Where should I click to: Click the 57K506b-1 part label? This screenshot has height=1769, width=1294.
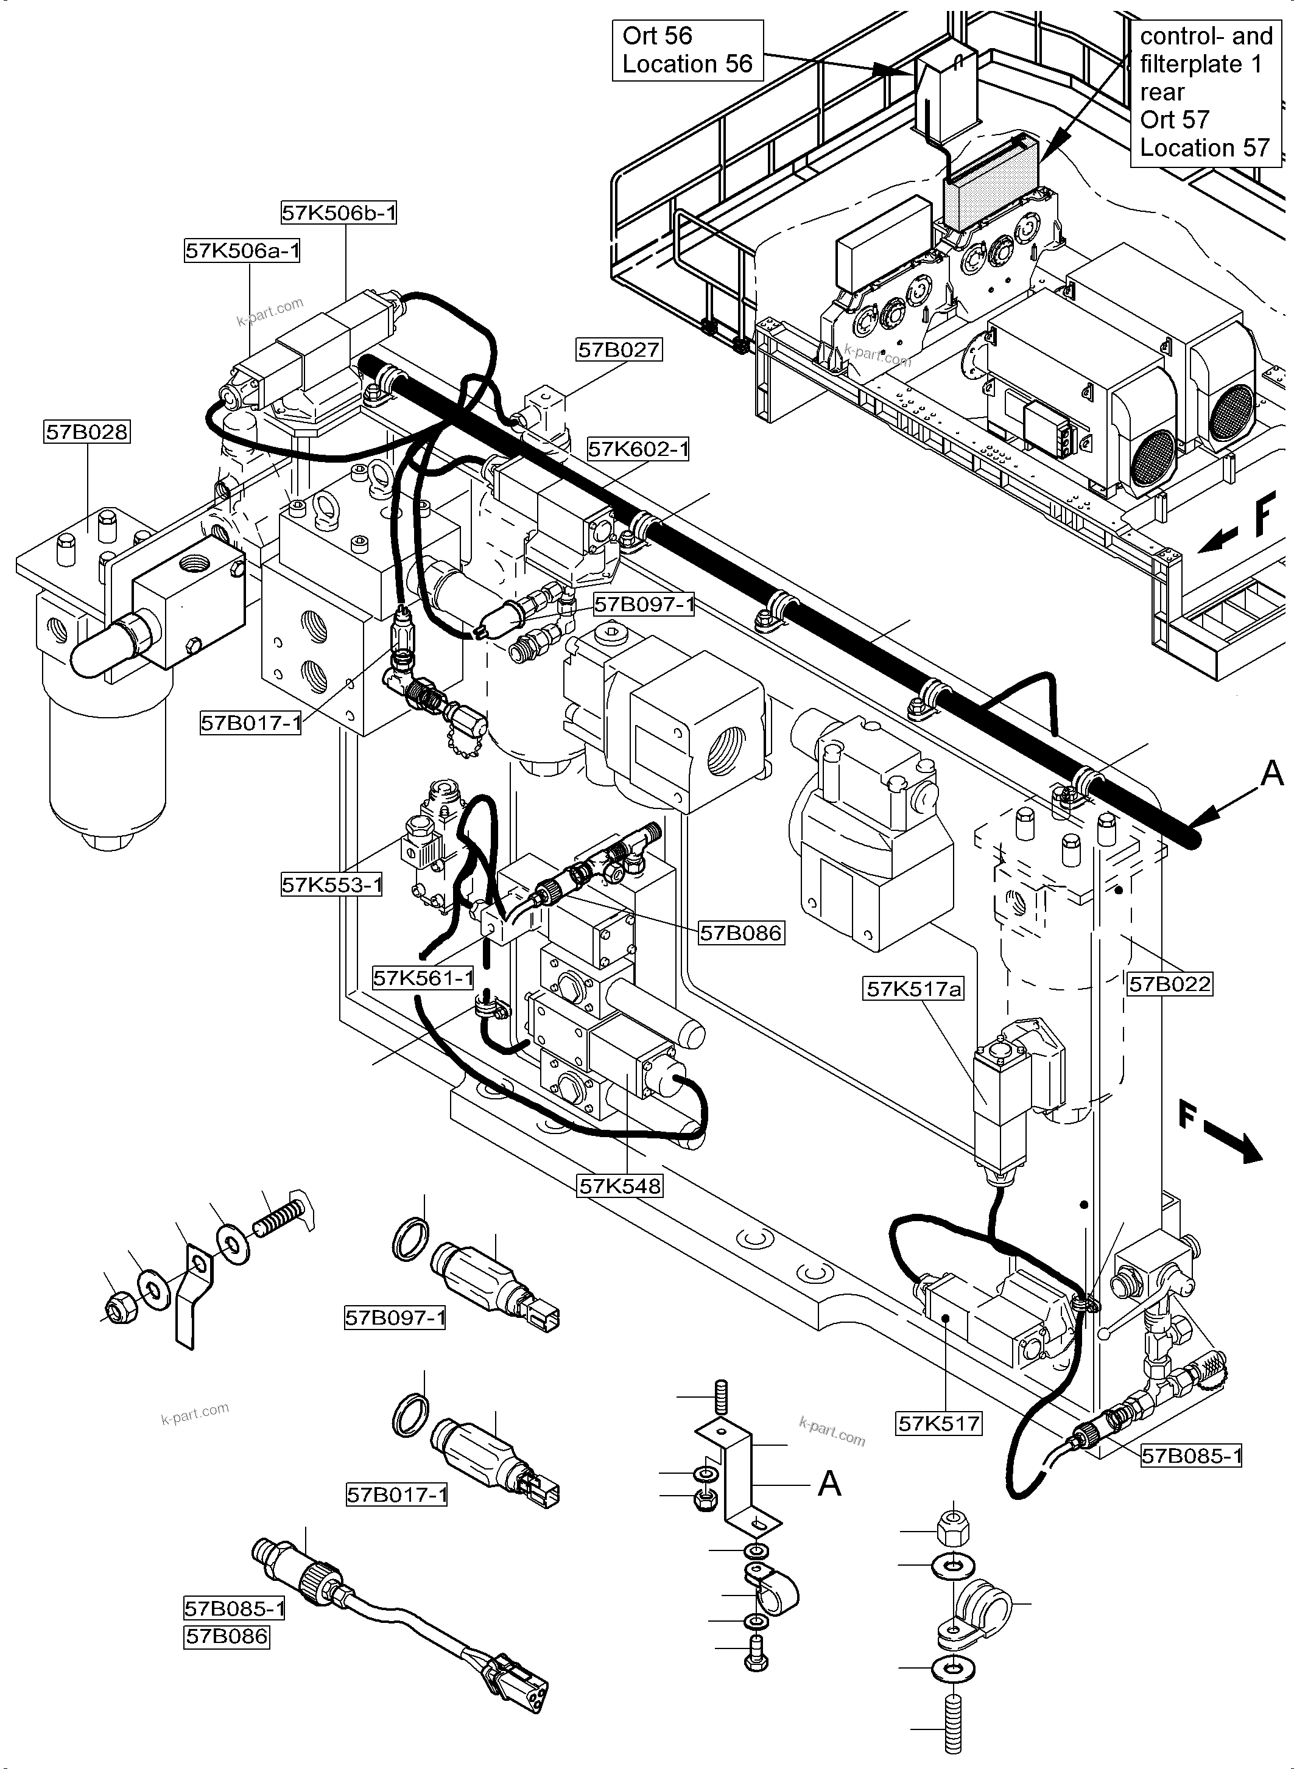[339, 212]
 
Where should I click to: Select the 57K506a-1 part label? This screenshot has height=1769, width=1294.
[242, 251]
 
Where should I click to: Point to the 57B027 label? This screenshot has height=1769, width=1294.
[618, 349]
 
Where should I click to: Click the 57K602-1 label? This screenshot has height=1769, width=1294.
[638, 449]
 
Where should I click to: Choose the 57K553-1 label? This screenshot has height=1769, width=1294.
[332, 885]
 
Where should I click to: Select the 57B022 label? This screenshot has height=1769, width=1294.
[1169, 984]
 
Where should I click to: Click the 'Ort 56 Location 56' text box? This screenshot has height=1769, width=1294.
[687, 50]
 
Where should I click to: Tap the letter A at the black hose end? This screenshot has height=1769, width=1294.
[1272, 774]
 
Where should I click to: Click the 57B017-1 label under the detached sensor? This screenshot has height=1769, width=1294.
[397, 1495]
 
